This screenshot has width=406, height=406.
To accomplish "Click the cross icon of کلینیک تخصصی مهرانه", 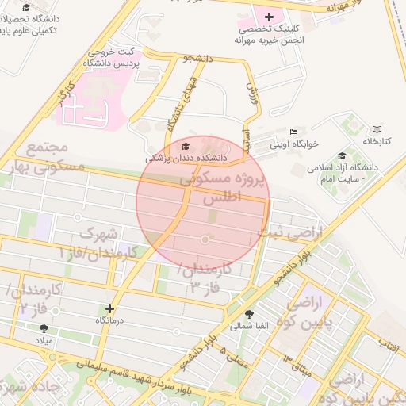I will tap(269, 16).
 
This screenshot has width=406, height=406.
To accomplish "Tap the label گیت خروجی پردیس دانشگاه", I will tap(117, 56).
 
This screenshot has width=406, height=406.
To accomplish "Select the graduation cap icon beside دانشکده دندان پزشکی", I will tap(186, 147).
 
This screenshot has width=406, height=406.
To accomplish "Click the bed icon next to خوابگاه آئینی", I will tap(294, 132).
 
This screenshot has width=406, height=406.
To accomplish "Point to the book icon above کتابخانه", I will tap(377, 128).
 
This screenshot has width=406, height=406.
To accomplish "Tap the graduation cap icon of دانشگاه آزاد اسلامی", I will tap(341, 155).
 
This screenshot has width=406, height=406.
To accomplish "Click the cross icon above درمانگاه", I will tap(109, 308).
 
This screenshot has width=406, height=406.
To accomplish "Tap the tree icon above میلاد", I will tap(43, 327).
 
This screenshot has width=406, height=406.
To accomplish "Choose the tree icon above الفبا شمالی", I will tap(251, 314).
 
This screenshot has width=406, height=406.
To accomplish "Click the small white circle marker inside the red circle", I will tap(205, 239).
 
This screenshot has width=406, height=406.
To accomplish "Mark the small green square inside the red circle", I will tap(212, 215).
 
